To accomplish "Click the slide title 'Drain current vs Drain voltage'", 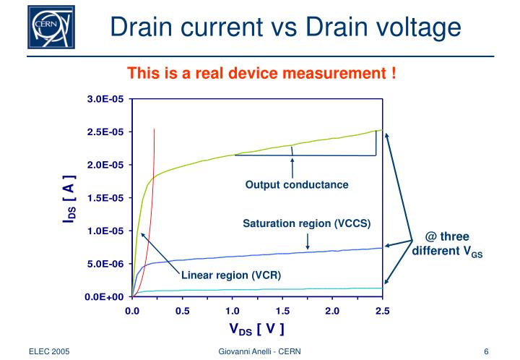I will [x=286, y=27].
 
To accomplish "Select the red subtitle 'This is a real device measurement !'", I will [x=261, y=74].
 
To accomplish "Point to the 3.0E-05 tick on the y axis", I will [x=105, y=99].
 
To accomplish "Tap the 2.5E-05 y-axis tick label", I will [x=105, y=132].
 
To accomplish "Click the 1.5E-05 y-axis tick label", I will [x=105, y=198].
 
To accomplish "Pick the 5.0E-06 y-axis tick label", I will [x=105, y=264].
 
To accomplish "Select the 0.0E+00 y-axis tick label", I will [x=105, y=297].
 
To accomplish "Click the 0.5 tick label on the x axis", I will [x=182, y=311].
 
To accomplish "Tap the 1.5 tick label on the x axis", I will [x=282, y=311].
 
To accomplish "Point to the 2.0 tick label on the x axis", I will [x=332, y=311].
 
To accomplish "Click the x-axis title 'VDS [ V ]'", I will [x=257, y=330].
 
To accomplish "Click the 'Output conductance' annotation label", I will [x=297, y=185].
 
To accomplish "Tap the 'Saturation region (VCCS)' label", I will [x=306, y=223].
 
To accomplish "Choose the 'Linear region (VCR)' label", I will [x=230, y=275].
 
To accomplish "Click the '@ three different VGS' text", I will [x=447, y=244].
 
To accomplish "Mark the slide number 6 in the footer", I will [x=487, y=351].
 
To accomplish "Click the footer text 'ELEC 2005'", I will [x=49, y=351].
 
